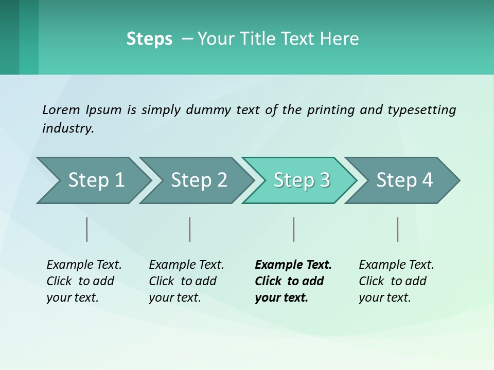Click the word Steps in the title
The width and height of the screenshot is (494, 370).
coord(149,39)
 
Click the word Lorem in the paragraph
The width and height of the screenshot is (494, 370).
coord(61,109)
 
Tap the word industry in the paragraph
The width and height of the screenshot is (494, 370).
coord(68,128)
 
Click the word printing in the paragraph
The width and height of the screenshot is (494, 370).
coord(331,110)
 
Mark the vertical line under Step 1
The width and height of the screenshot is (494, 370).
coord(87,229)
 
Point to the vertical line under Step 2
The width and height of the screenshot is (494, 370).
coord(190,229)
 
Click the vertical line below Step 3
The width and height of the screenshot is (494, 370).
coord(293,229)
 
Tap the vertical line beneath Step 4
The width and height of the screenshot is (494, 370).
coord(398,229)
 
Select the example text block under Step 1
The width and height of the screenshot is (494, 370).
coord(84,281)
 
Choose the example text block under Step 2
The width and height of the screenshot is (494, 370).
coord(186,281)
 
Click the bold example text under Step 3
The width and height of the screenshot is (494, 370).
coord(293,281)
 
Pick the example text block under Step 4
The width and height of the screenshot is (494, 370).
coord(396,281)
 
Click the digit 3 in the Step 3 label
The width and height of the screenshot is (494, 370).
coord(325,180)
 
